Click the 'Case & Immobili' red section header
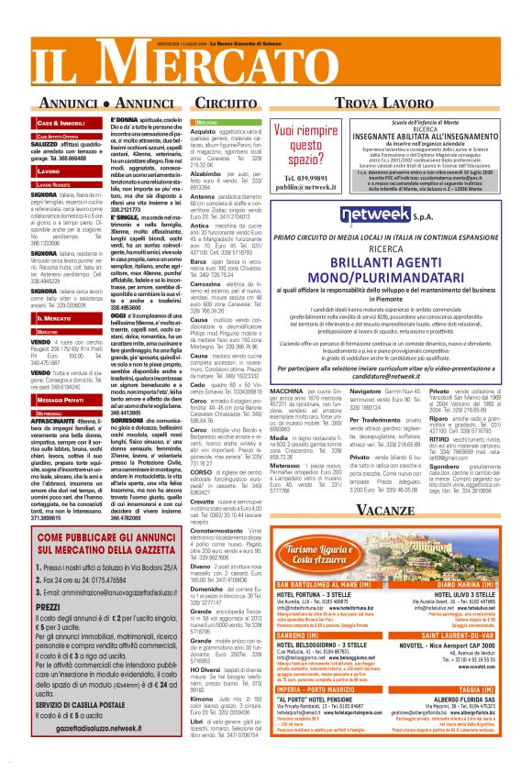[61, 122]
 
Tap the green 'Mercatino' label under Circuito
[207, 121]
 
